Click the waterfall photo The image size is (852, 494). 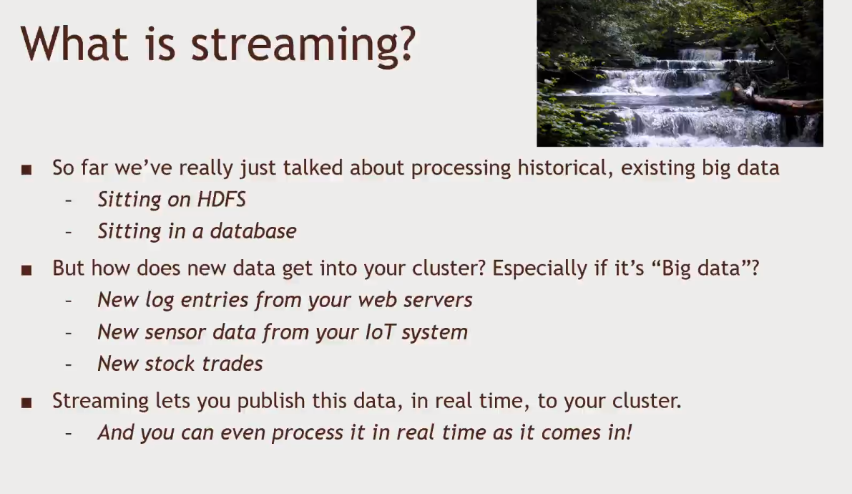[x=680, y=73]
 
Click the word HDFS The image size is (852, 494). [x=221, y=199]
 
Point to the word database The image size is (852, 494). [x=253, y=231]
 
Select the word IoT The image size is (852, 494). [x=380, y=332]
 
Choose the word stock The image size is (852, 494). [x=170, y=364]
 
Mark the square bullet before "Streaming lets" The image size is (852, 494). [x=26, y=402]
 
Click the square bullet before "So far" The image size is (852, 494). [x=26, y=170]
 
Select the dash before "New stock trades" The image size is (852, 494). [x=69, y=364]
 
